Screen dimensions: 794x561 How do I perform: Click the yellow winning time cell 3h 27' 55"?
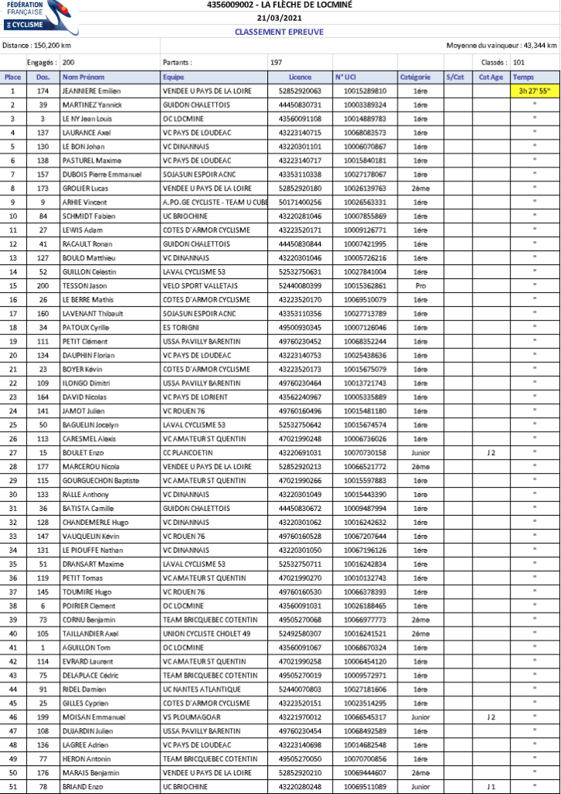(x=534, y=91)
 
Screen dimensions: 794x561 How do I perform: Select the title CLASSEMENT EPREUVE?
(x=279, y=32)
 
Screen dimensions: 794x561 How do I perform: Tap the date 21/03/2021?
(x=279, y=18)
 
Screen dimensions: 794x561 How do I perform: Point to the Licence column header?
(x=300, y=77)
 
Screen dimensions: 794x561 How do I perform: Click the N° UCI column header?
(x=346, y=77)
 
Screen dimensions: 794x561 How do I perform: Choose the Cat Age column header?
(x=490, y=77)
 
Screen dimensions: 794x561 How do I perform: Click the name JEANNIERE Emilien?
(x=91, y=91)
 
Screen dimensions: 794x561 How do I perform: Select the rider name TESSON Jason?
(x=86, y=285)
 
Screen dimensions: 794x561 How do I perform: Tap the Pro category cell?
(x=420, y=285)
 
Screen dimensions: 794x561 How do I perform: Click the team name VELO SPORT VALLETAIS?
(x=200, y=285)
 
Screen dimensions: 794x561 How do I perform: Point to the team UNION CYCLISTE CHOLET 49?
(x=206, y=633)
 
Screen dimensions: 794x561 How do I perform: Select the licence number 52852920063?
(x=300, y=91)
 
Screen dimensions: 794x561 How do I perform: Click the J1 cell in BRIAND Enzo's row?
(x=490, y=786)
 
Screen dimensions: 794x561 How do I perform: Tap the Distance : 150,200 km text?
(x=37, y=46)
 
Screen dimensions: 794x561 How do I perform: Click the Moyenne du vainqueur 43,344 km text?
(x=502, y=46)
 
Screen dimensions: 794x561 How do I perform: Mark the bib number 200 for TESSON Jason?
(x=43, y=285)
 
